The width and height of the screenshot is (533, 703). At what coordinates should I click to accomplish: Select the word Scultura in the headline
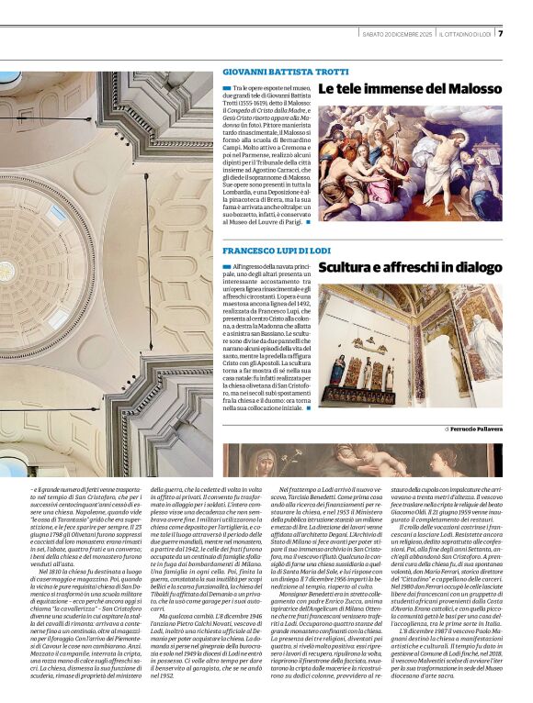(353, 268)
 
